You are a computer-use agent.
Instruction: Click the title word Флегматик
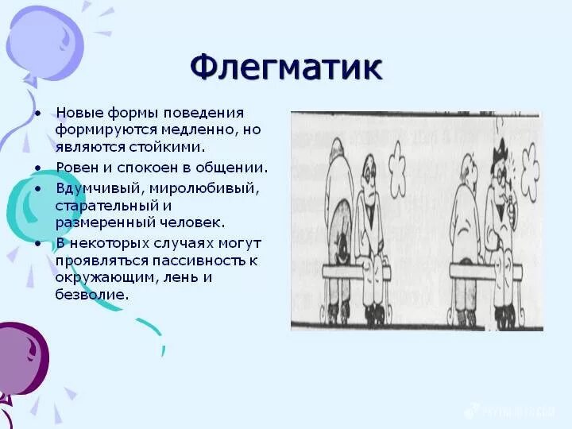tap(286, 68)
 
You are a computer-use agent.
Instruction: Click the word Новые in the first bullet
tap(78, 113)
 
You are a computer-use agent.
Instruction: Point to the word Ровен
tap(76, 168)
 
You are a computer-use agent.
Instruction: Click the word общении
tap(235, 168)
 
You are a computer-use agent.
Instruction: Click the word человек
tap(190, 223)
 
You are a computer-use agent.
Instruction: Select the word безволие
tap(91, 294)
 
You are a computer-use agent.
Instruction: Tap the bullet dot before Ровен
tap(37, 168)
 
